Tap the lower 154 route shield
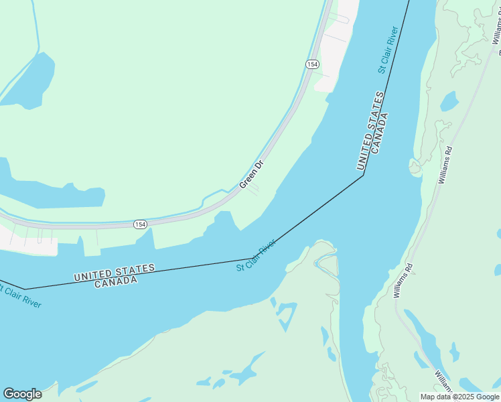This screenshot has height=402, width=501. coord(139,224)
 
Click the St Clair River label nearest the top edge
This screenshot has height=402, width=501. coord(388,50)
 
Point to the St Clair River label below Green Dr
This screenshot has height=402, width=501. coord(256,255)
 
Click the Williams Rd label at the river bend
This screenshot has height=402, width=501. coord(403,280)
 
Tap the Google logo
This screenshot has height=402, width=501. coord(22,394)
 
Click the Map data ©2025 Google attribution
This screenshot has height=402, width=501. coord(460,397)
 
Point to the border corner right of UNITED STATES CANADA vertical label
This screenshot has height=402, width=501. coord(363,176)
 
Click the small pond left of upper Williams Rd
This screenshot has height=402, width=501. coord(449,102)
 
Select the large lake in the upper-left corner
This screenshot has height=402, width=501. coord(30,79)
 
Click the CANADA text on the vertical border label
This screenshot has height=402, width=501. coord(380,135)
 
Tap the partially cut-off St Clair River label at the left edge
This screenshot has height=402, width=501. coord(20,297)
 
